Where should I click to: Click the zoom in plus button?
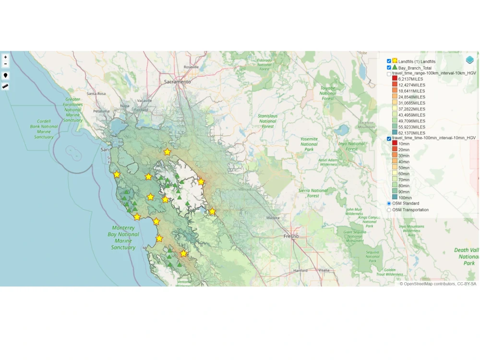[x=5, y=57]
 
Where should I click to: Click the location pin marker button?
[x=5, y=76]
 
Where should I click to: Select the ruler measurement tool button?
[x=5, y=86]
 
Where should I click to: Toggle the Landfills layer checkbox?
[x=389, y=61]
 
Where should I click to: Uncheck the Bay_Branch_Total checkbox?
[x=389, y=68]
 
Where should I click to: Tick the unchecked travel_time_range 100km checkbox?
[x=389, y=73]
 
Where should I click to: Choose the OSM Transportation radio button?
[x=389, y=210]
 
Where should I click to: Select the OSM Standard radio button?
[x=389, y=204]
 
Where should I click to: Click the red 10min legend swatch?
[x=395, y=144]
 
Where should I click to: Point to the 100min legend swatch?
[x=395, y=197]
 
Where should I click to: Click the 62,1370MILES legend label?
[x=411, y=133]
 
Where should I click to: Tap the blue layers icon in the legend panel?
[x=469, y=60]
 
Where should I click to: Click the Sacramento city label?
[x=178, y=82]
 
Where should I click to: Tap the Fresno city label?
[x=291, y=236]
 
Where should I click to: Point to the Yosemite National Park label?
[x=309, y=144]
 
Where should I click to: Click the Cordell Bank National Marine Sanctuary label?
[x=44, y=129]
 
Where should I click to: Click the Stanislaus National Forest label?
[x=268, y=121]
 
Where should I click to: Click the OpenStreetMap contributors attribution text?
[x=438, y=284]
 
